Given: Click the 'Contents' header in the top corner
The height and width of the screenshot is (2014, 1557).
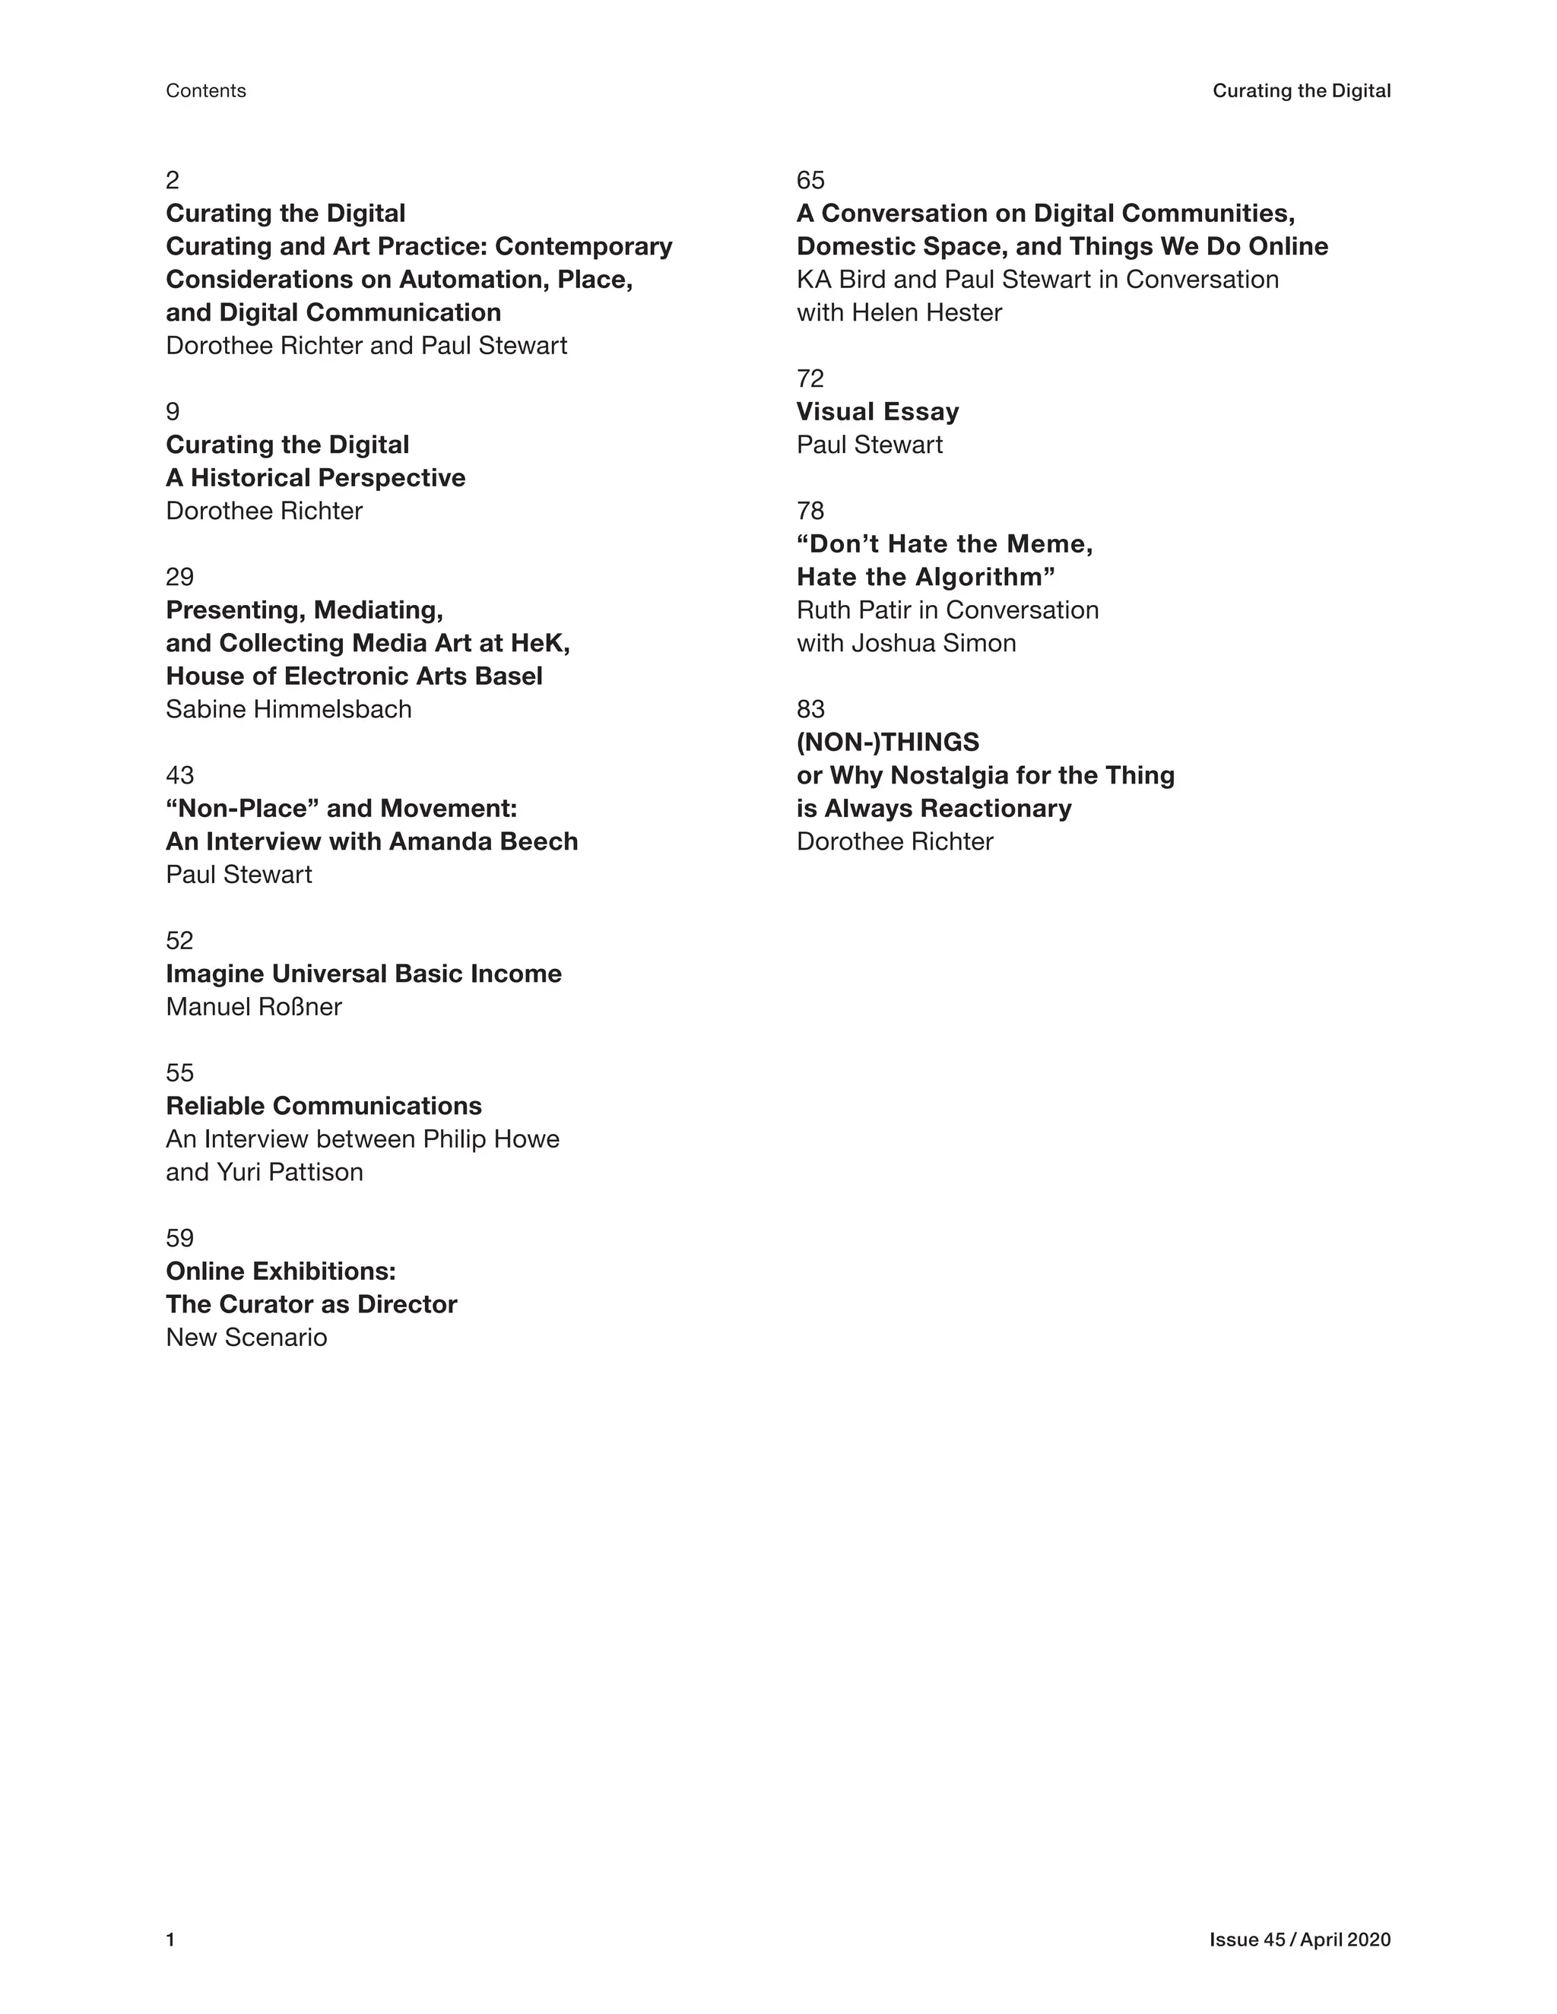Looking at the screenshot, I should point(206,90).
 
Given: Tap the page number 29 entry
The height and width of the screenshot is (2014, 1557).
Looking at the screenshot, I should point(180,578).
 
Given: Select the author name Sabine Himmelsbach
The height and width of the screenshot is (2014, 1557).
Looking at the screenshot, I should point(289,709).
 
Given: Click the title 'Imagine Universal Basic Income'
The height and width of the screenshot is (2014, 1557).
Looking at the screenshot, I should point(363,974).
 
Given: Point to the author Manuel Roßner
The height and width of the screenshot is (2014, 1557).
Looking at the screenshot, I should point(254,1007).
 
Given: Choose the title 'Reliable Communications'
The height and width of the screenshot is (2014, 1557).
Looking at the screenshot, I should point(324,1106).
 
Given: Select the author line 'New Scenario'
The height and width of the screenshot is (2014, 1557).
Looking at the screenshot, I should point(246,1337).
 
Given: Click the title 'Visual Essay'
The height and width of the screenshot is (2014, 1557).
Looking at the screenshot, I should point(877,411).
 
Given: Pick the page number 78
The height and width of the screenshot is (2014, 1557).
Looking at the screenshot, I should point(810,511).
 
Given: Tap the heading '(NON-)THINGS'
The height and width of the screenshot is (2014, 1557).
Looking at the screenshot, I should point(887,743).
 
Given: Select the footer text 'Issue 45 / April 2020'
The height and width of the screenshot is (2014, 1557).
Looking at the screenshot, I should point(1299,1940).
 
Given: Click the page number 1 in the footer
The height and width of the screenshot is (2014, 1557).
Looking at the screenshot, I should point(170,1940).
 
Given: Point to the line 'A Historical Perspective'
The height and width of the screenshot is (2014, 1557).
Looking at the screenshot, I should point(316,478).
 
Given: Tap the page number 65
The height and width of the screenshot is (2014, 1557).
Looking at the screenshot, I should point(810,181).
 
